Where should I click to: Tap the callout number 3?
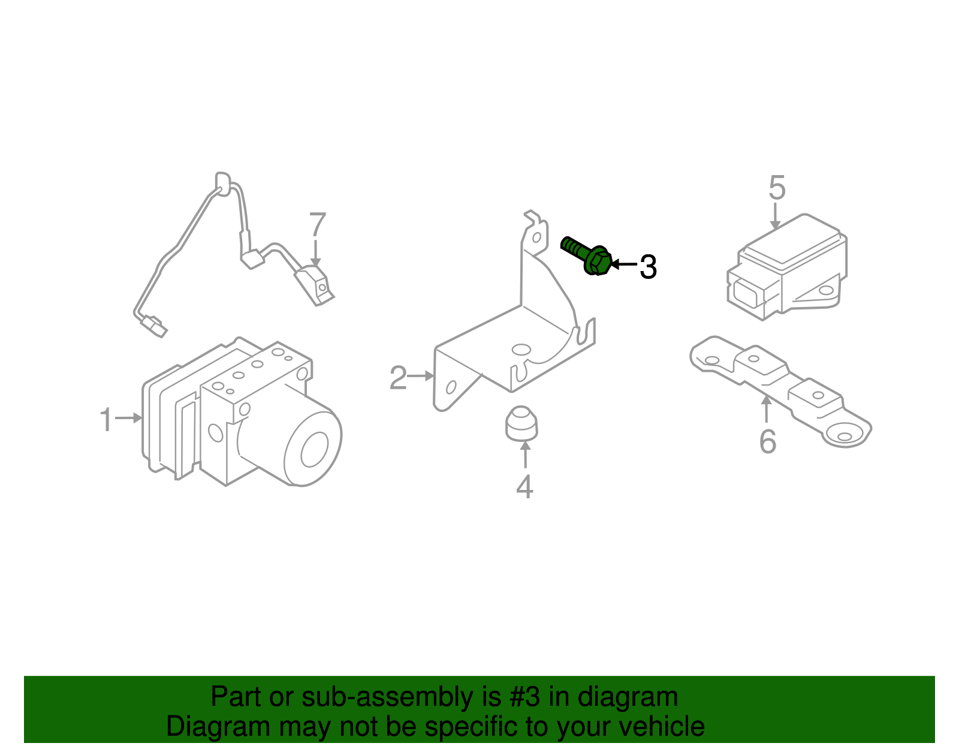648,267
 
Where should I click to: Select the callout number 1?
106,420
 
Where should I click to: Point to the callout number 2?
398,378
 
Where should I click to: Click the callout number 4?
524,487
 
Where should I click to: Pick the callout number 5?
777,188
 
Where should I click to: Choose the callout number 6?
767,442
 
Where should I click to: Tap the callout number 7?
317,225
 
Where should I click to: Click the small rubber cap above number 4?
521,423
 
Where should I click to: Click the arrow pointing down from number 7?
316,252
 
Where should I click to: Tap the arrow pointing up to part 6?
767,410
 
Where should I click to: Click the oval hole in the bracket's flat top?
521,350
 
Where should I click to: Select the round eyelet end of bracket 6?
845,437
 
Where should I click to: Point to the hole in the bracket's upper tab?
536,238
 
